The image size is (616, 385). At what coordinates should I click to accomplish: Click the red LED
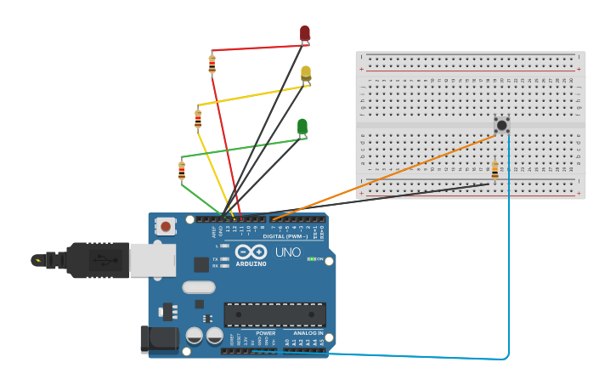pos(305,32)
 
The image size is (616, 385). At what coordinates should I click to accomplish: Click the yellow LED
pos(306,73)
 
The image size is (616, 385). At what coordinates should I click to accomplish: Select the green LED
pos(302,126)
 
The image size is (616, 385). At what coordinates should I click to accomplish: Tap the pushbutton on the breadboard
pos(502,125)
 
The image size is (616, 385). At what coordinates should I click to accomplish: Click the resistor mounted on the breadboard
pos(494,170)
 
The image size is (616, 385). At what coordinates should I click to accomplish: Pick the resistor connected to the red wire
pos(212,64)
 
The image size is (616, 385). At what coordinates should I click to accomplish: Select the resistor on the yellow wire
pos(198,119)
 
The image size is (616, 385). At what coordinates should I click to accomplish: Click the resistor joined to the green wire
pos(182,171)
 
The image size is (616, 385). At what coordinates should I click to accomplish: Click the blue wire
pos(509,255)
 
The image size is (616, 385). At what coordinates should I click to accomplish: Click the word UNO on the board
pos(288,252)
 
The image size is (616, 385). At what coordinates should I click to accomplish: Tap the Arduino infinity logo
pos(251,252)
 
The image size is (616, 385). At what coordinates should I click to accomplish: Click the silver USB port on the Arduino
pos(153,260)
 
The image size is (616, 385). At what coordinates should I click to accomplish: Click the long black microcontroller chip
pos(274,314)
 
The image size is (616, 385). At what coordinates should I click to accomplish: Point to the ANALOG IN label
pos(308,333)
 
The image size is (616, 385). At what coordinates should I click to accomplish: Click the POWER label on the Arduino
pos(265,333)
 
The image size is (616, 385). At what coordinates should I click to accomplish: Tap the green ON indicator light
pos(311,258)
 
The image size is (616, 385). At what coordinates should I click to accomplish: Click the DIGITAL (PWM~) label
pos(287,235)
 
